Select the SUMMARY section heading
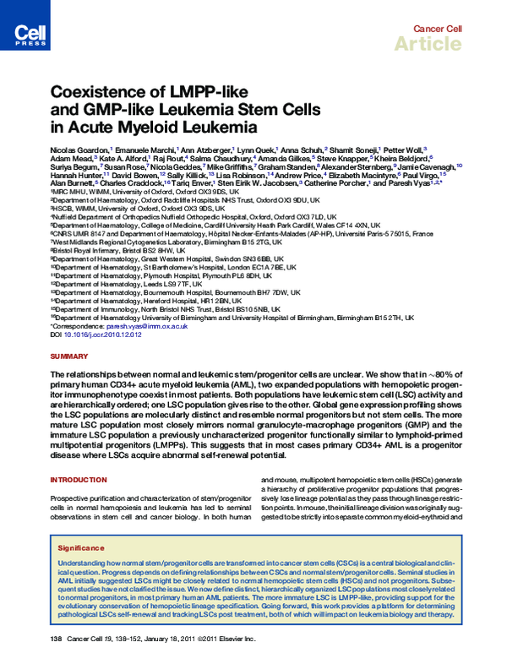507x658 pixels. [70, 357]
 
